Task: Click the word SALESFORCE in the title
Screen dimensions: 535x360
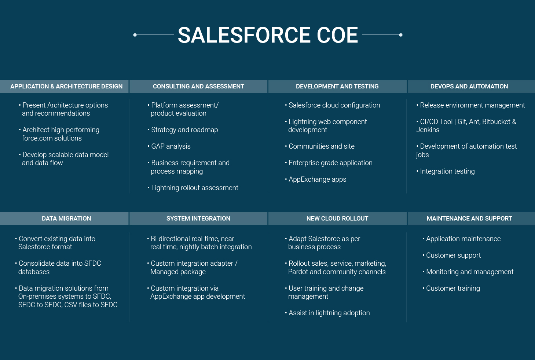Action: click(244, 35)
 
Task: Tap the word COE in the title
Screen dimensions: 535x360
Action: click(337, 35)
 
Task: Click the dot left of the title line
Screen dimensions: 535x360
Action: click(135, 35)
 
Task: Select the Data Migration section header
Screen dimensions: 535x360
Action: click(66, 218)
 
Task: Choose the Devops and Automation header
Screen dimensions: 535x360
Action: click(469, 86)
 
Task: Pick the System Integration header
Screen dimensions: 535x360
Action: click(198, 218)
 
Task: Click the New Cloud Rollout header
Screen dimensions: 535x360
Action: click(337, 218)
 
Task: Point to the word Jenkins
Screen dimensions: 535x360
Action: click(428, 130)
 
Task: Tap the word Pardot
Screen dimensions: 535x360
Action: click(298, 272)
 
